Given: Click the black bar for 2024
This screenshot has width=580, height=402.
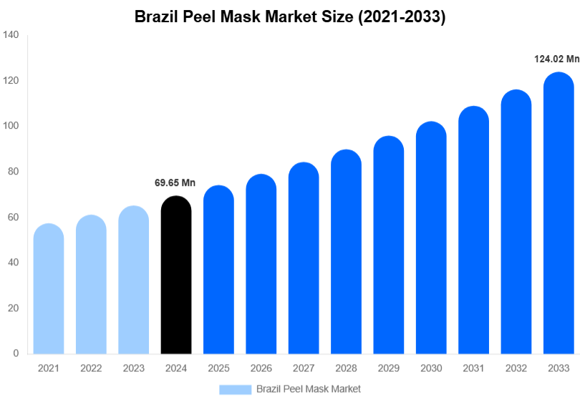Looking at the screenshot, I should click(176, 275).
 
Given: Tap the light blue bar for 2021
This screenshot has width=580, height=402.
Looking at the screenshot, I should click(49, 289).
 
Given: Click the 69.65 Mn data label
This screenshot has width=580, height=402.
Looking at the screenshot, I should click(175, 183).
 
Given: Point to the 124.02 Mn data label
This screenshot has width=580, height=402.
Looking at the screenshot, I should click(556, 59).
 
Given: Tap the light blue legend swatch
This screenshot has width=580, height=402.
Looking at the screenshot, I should click(235, 389).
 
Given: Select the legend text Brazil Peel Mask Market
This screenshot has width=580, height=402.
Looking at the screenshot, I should click(309, 389).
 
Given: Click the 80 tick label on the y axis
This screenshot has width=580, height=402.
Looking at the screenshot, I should click(13, 172).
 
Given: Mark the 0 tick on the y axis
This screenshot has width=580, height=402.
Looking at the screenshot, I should click(16, 353).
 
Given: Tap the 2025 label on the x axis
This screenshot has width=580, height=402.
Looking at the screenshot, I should click(218, 368).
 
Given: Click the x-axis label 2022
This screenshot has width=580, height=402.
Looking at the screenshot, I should click(91, 368).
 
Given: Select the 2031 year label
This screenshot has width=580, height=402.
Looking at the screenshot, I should click(473, 368).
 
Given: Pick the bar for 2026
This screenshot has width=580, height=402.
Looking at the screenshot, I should click(261, 264).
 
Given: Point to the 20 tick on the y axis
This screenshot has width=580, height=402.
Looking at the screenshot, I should click(13, 308).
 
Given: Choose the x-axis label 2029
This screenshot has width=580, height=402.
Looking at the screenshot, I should click(388, 368).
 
